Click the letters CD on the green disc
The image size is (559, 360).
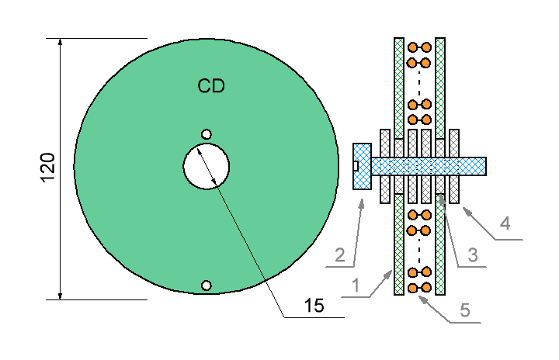point(211,86)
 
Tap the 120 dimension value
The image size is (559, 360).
point(47,168)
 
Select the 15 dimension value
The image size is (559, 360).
point(314,306)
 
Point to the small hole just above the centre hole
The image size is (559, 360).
point(207,134)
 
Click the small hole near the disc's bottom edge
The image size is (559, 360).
point(207,286)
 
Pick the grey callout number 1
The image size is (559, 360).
point(356,286)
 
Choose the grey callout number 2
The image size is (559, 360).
point(340,255)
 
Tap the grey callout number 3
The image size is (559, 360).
point(473,255)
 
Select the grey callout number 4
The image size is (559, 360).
point(505,223)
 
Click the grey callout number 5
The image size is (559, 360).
point(465,310)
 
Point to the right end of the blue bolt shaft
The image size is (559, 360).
point(486,167)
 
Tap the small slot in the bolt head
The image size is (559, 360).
point(356,166)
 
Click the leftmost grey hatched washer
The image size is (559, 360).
point(385,166)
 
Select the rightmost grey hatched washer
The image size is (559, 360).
point(454,166)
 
